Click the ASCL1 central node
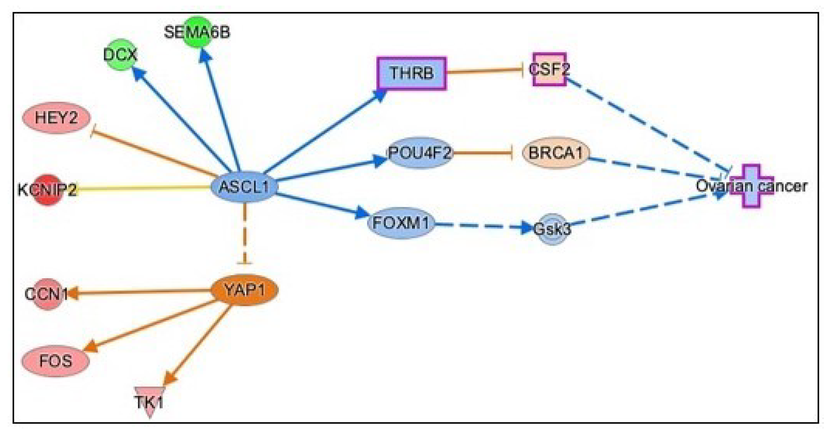tap(244, 187)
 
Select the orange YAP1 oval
tap(244, 290)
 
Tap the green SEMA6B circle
tap(197, 32)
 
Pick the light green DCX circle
tap(121, 54)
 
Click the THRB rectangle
tap(411, 73)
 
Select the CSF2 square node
tap(549, 69)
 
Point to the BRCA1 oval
tap(556, 153)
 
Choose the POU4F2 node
tap(420, 153)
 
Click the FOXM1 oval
tap(401, 223)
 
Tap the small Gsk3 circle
tap(552, 229)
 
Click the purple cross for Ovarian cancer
tap(751, 186)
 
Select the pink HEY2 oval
tap(56, 118)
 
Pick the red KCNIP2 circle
tap(47, 190)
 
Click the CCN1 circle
tap(47, 294)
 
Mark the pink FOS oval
tap(56, 361)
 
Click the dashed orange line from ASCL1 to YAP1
tap(244, 235)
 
